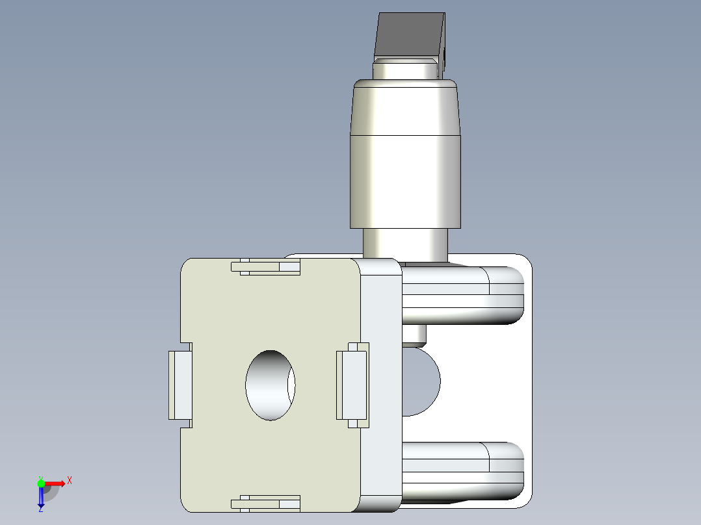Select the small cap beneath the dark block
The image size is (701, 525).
404,69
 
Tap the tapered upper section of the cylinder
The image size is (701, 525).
405,107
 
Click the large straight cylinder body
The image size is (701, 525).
405,182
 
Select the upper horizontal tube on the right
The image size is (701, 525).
462,296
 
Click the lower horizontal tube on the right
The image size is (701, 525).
462,471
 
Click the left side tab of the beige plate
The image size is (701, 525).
180,385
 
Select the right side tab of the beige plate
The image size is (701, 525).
352,385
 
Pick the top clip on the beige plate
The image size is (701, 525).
266,266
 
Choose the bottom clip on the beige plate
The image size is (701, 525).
266,502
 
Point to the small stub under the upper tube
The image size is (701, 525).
414,334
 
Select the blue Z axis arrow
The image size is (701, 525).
41,498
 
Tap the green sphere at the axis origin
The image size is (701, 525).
41,483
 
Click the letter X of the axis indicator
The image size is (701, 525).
70,481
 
